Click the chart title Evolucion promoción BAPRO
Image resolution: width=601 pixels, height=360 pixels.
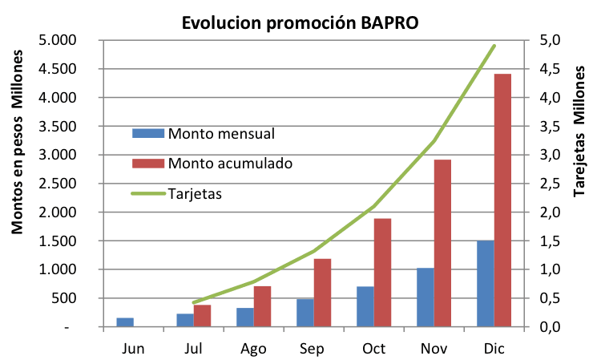point(300,23)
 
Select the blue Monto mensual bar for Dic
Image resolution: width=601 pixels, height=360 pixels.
point(485,284)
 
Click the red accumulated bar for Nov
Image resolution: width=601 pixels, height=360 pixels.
point(442,243)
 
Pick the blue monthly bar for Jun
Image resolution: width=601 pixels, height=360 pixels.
point(125,322)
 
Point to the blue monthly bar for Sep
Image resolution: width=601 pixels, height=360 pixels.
point(305,313)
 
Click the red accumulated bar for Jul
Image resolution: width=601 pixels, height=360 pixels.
point(202,316)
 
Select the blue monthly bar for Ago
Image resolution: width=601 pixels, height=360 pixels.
point(245,318)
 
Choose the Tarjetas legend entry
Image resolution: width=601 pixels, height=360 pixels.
point(195,193)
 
